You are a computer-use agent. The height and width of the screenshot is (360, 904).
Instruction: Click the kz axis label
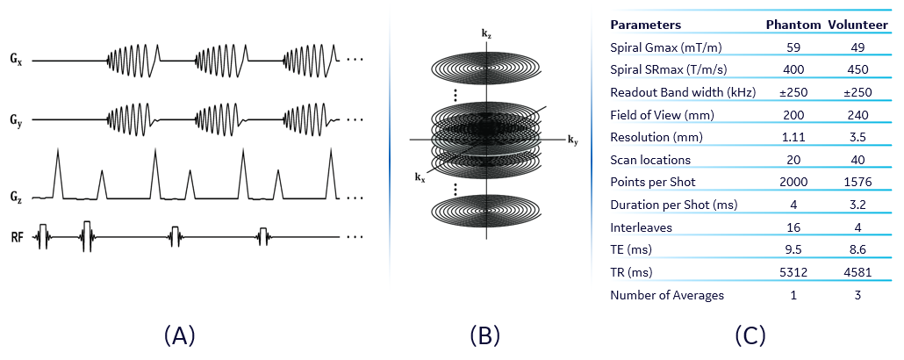tap(485, 32)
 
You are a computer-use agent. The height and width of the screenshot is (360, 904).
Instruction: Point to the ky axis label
tap(572, 140)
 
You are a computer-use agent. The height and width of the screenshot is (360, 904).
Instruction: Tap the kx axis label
tap(420, 176)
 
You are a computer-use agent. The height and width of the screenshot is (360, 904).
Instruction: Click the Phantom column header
tap(793, 25)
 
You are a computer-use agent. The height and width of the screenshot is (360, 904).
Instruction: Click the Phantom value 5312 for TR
tap(793, 272)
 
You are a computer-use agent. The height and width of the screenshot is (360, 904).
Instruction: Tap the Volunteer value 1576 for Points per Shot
tap(859, 182)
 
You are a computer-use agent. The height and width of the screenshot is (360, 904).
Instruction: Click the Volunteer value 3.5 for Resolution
tap(859, 137)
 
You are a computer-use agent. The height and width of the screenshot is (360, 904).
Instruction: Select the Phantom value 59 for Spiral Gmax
tap(793, 47)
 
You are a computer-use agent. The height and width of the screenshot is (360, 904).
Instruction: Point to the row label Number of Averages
tap(667, 295)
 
